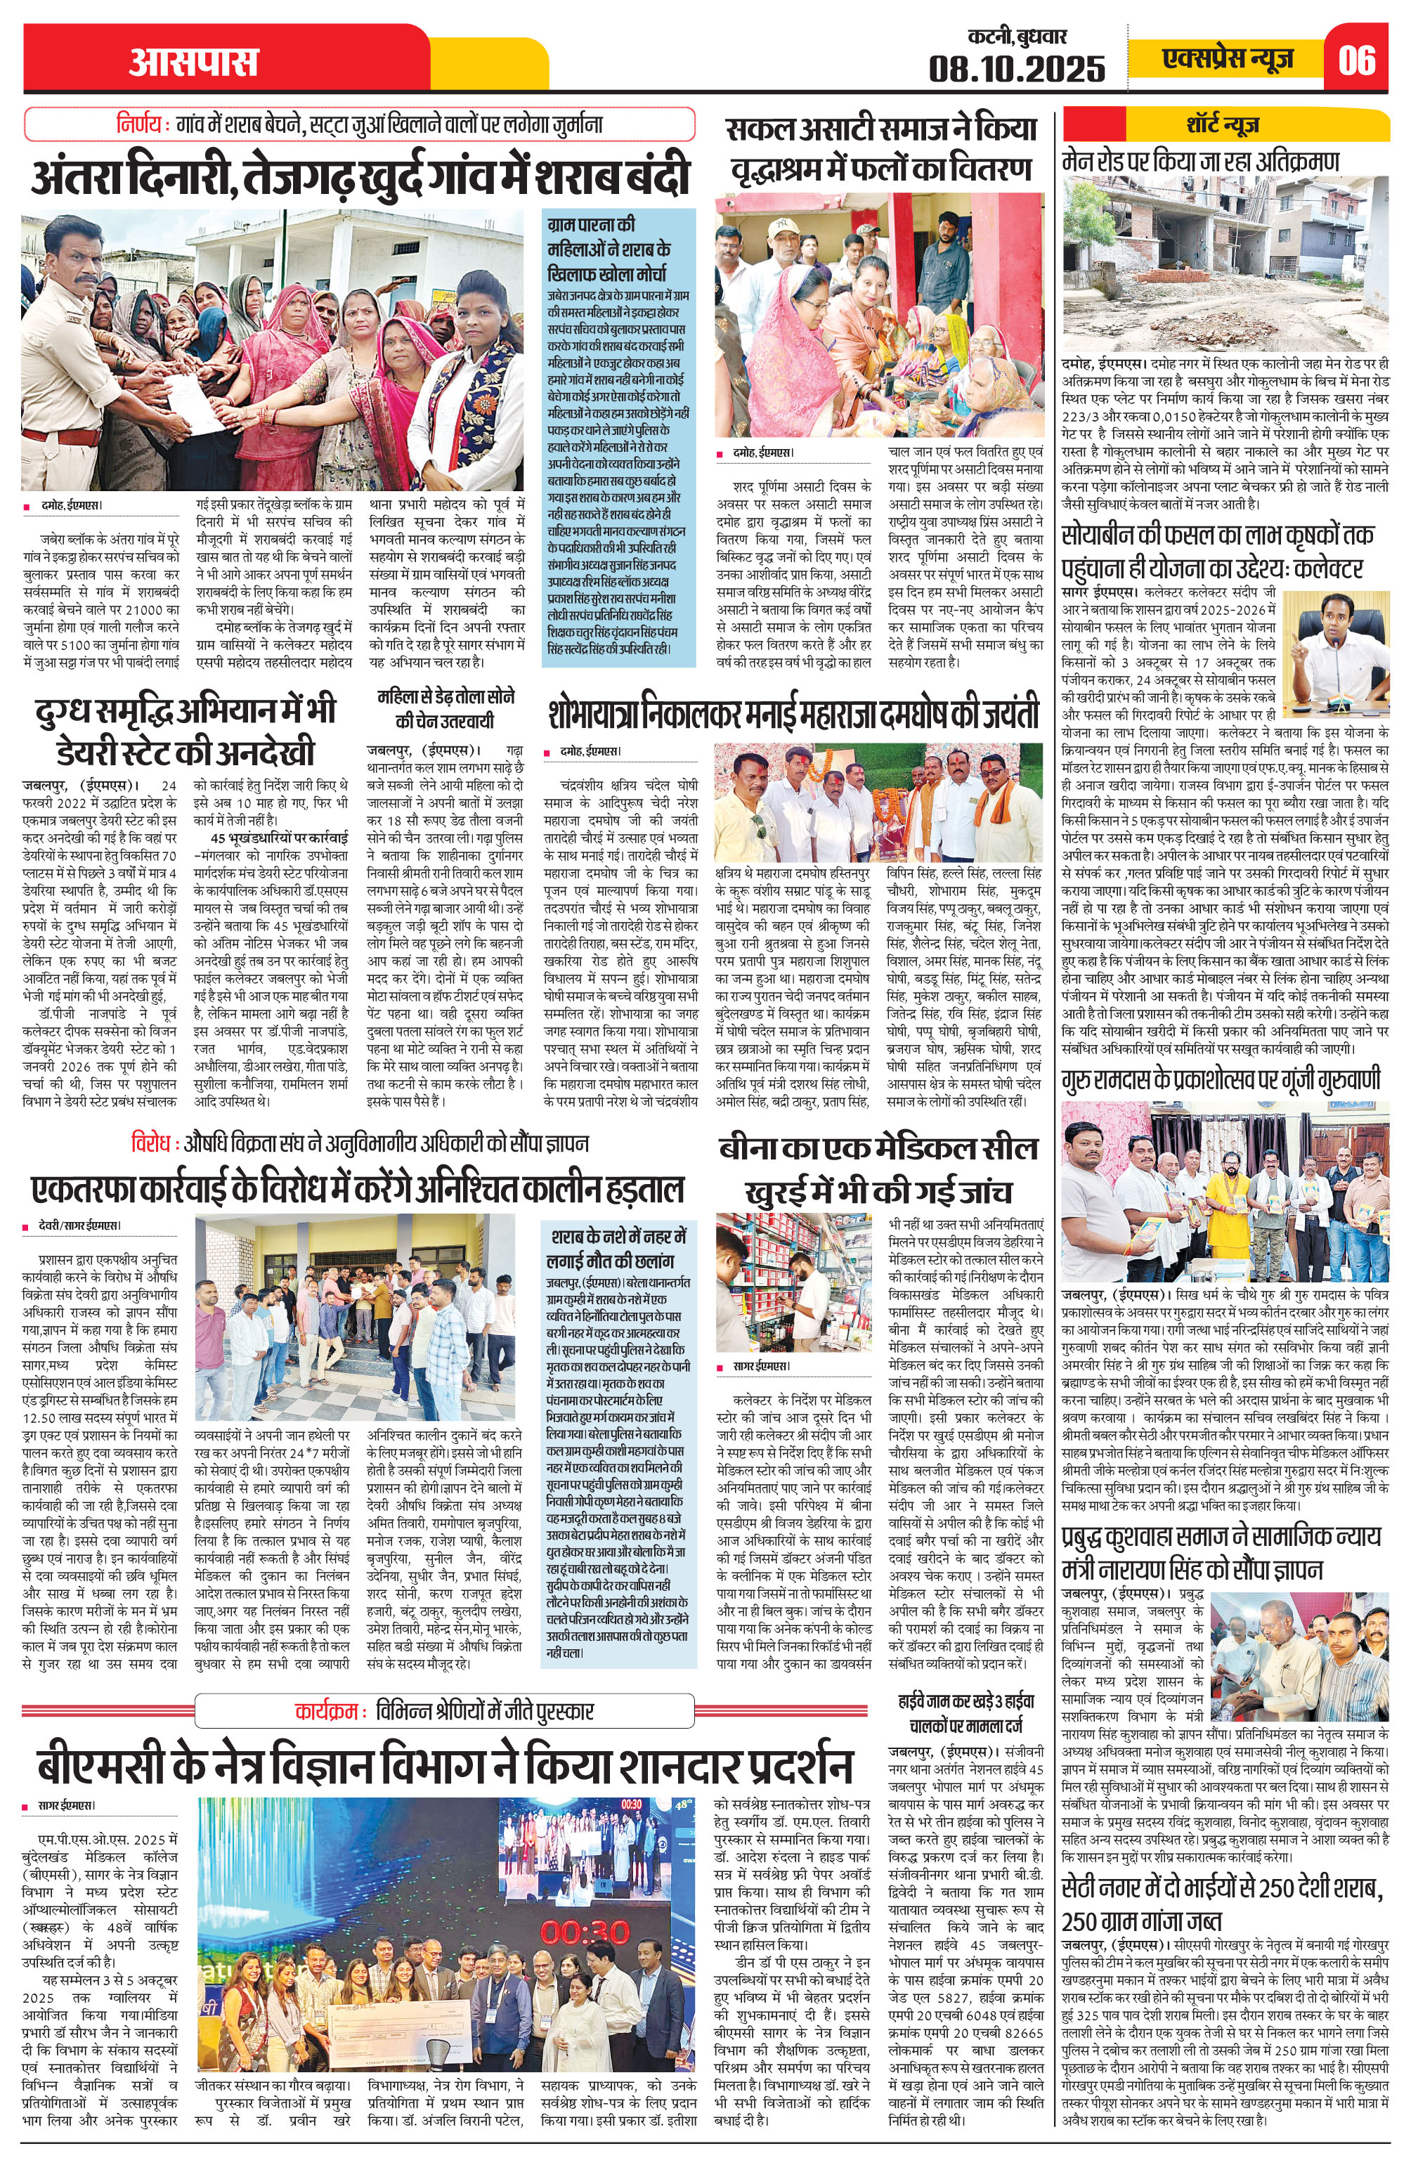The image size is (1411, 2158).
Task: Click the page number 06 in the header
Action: [1358, 60]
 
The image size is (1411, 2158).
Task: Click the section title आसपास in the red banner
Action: [193, 63]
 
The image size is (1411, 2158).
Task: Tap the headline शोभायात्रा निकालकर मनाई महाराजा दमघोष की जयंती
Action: [793, 715]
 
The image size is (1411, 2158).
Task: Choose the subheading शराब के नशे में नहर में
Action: [617, 1237]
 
